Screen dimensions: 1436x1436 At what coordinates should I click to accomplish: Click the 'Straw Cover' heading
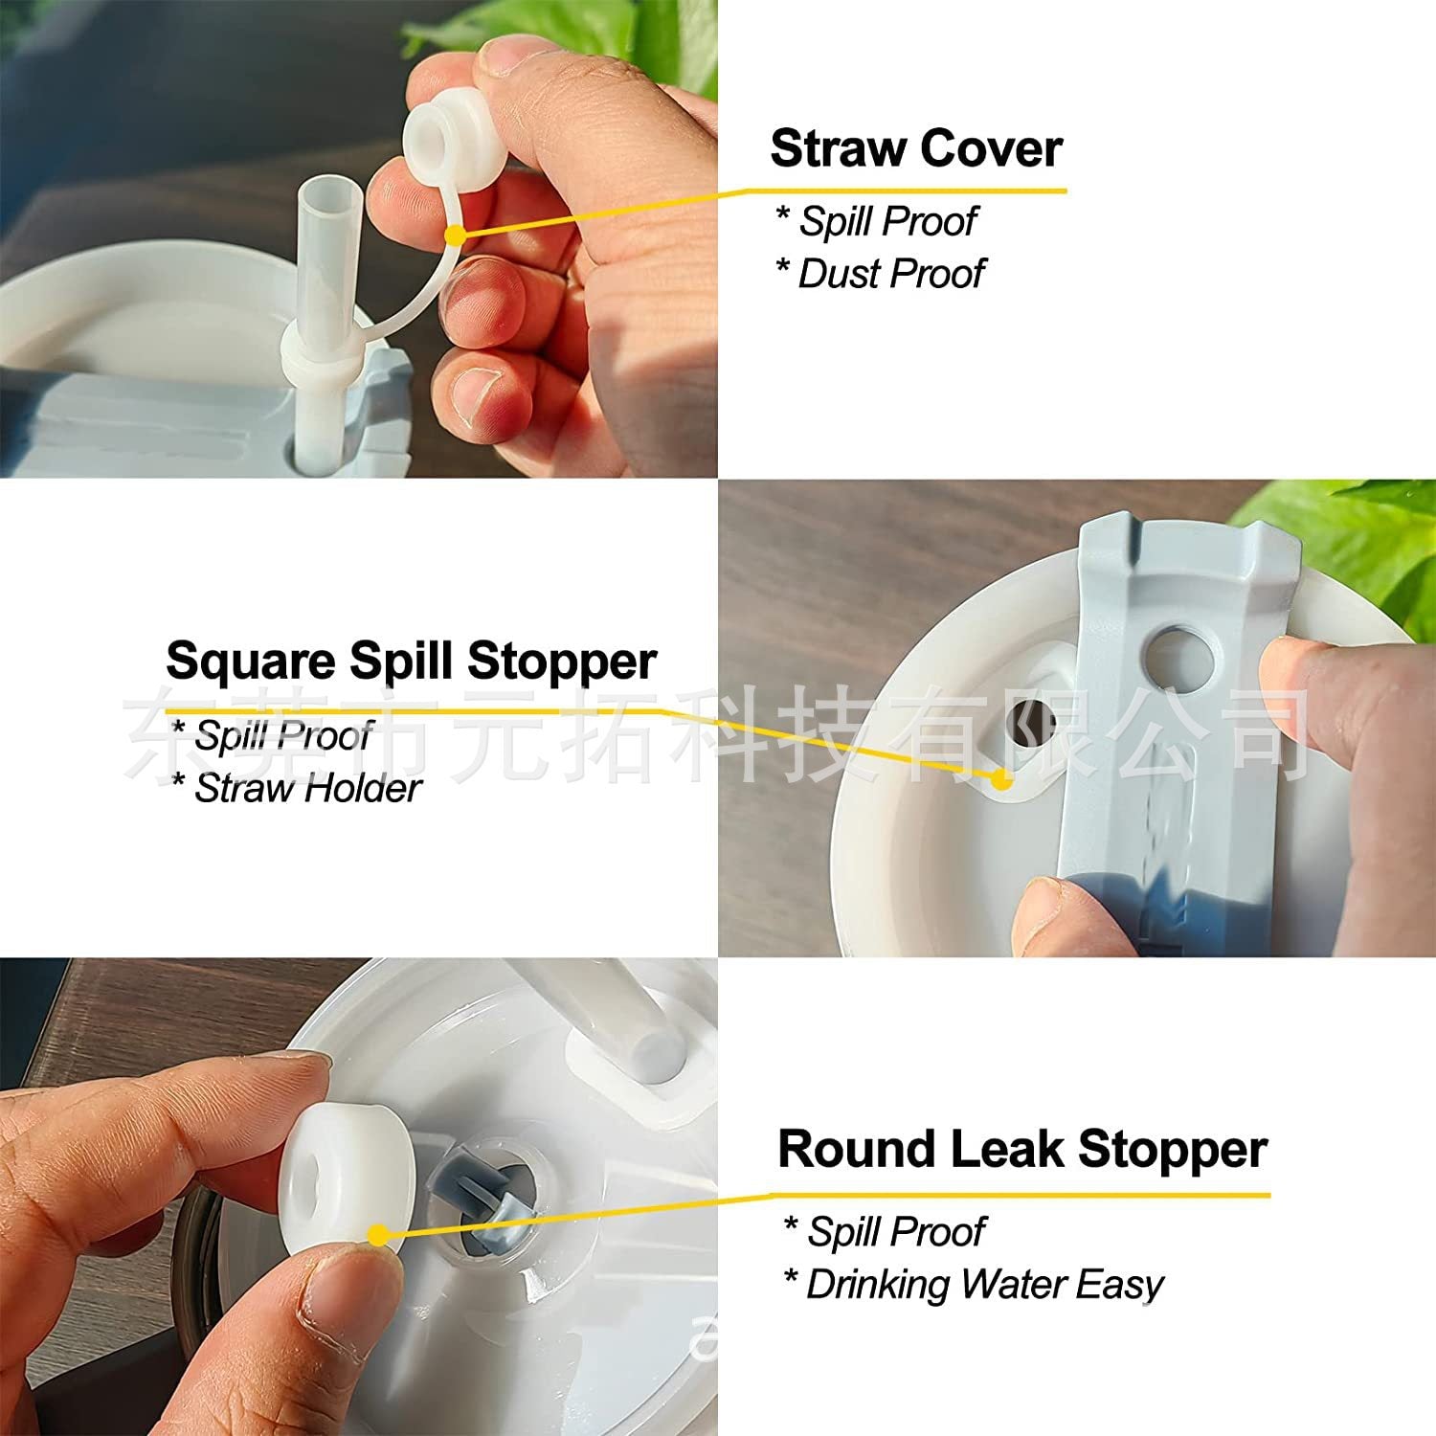[x=916, y=148]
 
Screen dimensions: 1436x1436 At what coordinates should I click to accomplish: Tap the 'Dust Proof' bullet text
[x=890, y=274]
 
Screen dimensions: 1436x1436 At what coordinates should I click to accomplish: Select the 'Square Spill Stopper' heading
[x=412, y=662]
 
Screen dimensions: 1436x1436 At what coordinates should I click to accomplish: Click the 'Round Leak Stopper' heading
[x=1022, y=1149]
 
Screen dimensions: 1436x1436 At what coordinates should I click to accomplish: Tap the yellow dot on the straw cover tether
[x=456, y=235]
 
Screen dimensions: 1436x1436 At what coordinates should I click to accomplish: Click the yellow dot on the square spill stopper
[x=1000, y=779]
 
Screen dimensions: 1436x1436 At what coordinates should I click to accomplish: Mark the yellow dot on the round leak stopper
[x=378, y=1236]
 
